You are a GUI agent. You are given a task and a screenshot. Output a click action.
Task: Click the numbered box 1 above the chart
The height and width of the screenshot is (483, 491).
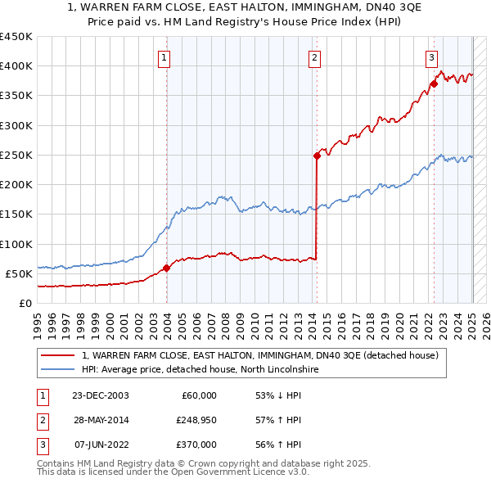coord(165,57)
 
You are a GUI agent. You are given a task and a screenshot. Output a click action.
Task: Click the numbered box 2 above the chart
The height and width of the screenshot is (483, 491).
coord(315,57)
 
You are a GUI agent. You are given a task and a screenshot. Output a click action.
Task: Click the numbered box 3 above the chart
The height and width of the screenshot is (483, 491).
coord(431,57)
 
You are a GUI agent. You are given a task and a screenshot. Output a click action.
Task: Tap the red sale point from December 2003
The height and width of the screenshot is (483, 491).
coord(166,267)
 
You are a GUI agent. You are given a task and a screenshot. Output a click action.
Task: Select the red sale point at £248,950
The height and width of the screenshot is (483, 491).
coord(317,155)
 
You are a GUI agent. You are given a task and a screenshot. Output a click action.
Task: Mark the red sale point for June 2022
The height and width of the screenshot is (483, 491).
coord(434,84)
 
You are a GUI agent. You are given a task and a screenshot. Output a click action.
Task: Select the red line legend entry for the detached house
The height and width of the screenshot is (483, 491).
coord(260,356)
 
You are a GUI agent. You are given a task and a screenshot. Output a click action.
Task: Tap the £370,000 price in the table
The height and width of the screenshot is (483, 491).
coord(196,445)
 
